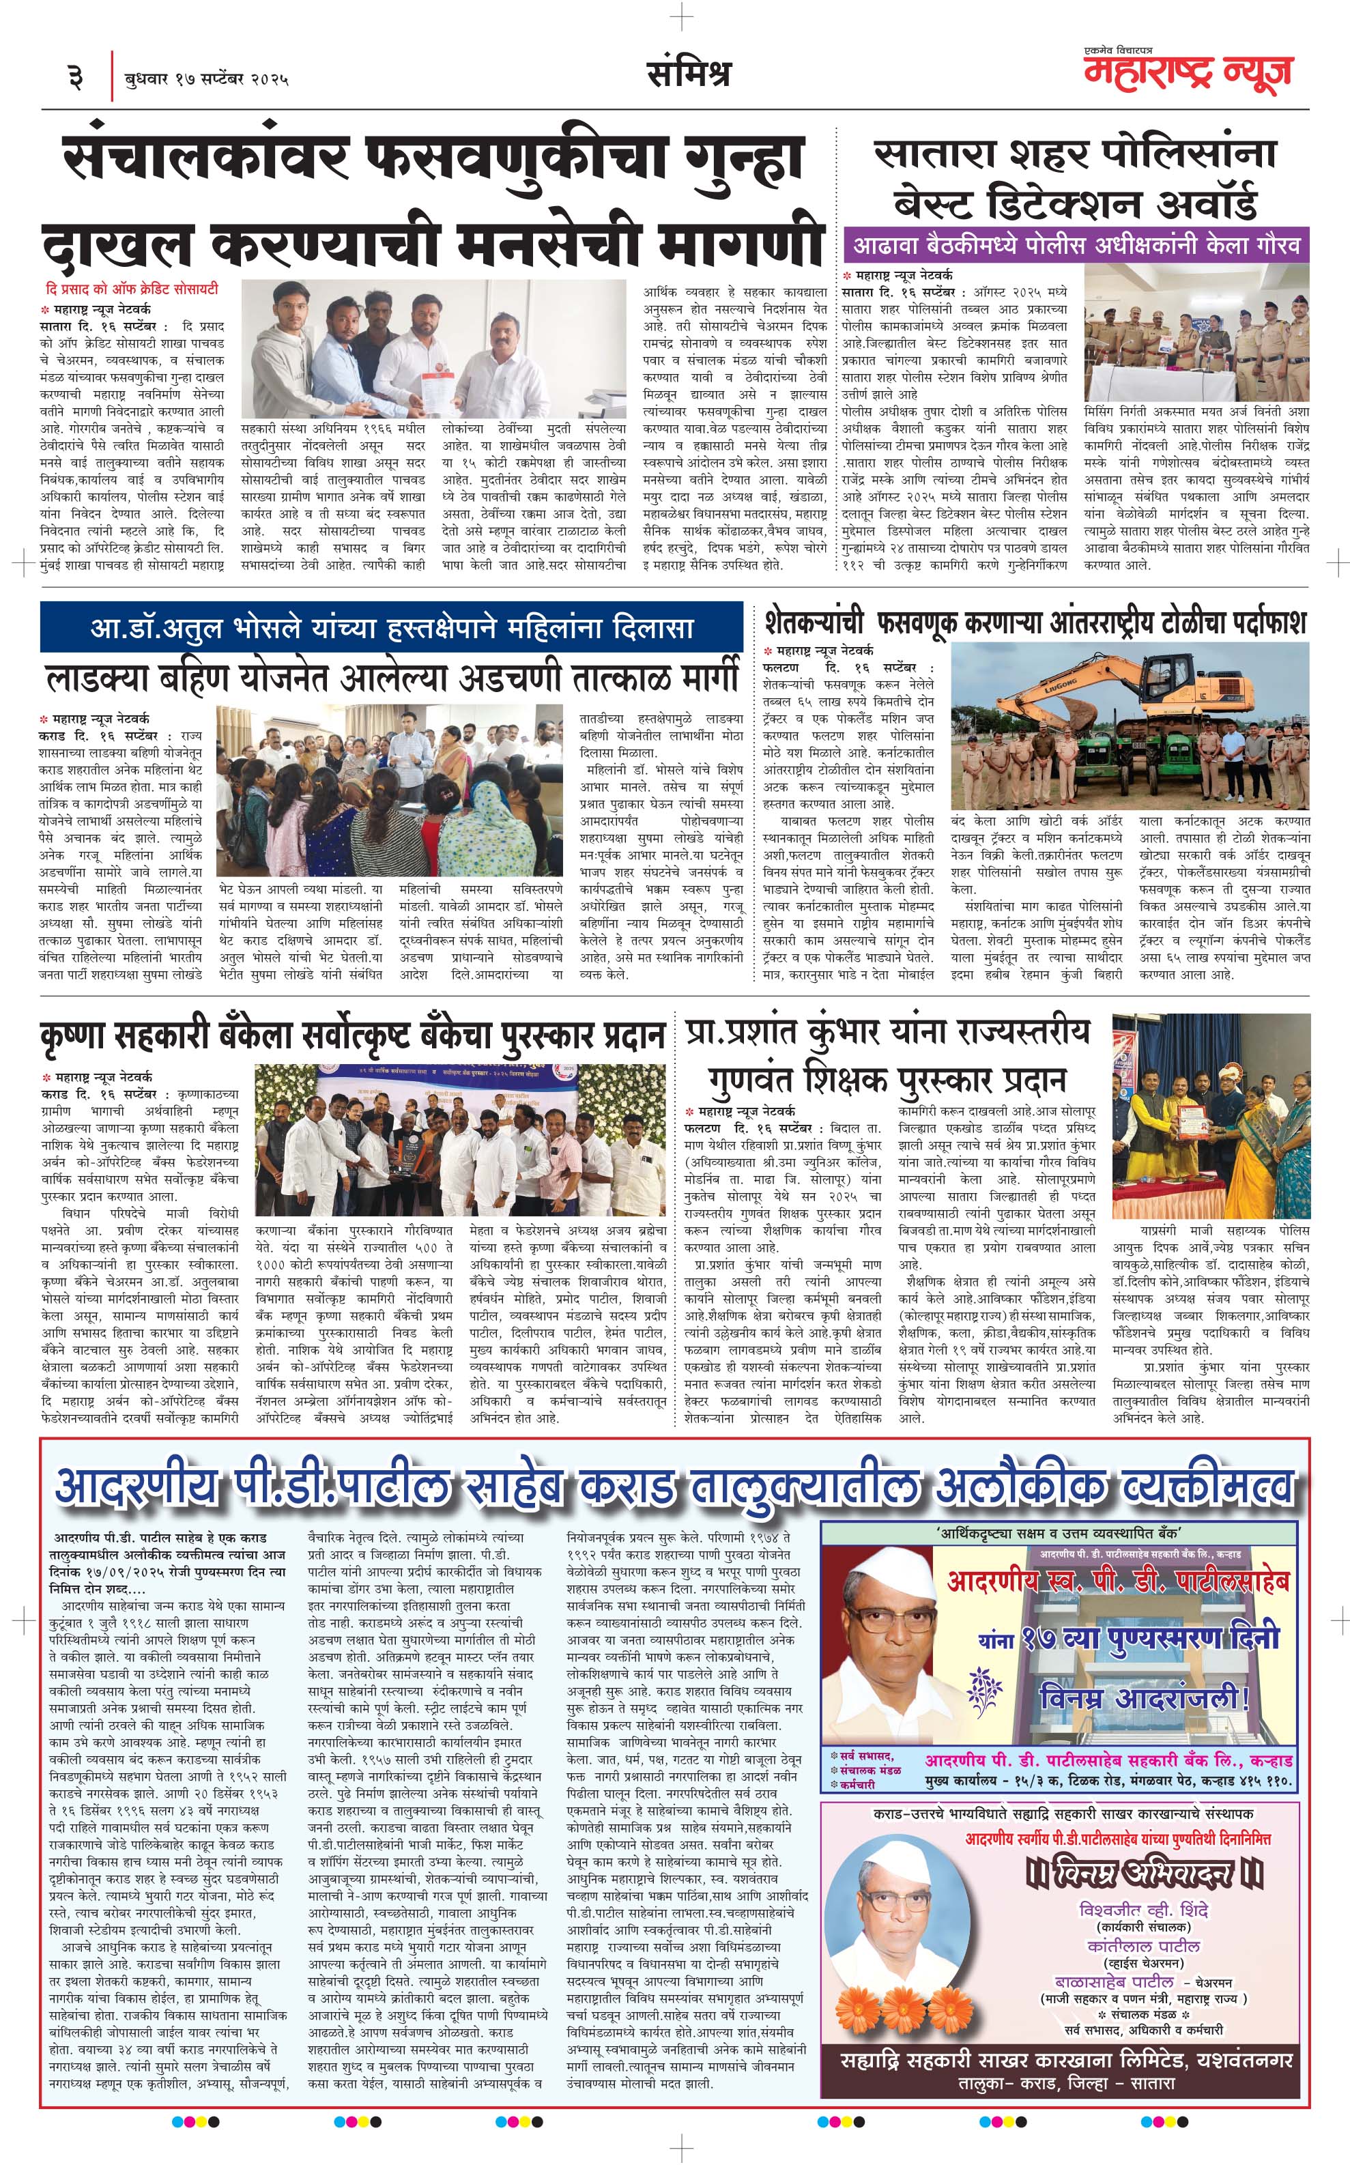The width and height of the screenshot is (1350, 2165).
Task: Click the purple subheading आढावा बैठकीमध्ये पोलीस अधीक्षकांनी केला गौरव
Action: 1076,244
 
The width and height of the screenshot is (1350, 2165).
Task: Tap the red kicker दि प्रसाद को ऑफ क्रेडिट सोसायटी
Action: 132,288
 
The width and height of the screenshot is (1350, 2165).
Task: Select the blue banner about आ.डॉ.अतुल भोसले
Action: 391,627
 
